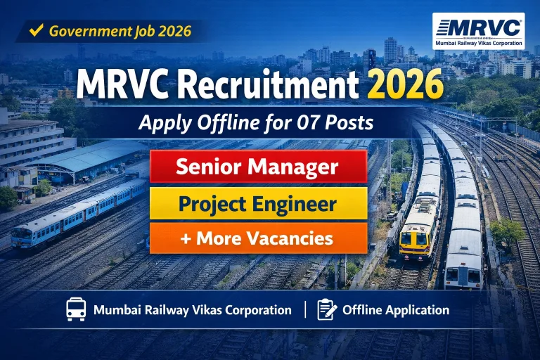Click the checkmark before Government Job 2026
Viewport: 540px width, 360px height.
[37, 30]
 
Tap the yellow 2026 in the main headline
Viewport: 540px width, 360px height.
[404, 85]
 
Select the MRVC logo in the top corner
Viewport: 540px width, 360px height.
[478, 34]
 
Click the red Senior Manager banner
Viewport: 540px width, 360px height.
[258, 167]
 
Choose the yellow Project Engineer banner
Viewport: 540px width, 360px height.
[258, 204]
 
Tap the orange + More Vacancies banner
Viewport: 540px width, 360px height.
[258, 238]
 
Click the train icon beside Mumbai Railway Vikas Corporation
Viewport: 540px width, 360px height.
[76, 309]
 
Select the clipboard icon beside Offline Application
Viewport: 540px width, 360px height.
[327, 309]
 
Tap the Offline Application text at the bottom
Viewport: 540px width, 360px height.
[396, 309]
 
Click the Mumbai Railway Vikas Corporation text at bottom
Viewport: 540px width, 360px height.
[193, 309]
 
